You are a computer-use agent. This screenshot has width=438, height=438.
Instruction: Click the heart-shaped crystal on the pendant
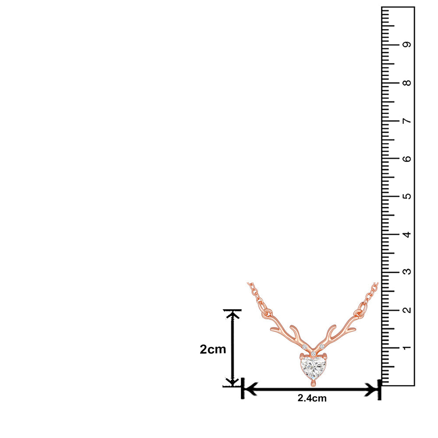tap(314, 368)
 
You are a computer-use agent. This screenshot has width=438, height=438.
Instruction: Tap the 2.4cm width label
tap(312, 398)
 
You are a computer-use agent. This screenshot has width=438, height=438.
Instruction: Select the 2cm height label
tap(213, 350)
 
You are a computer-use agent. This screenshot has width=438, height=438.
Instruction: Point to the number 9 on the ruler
tap(408, 45)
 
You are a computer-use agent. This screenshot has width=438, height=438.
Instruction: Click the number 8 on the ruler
tap(408, 83)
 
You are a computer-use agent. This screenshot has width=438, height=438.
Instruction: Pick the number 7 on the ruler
tap(408, 120)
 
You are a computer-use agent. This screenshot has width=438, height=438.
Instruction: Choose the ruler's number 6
tap(408, 159)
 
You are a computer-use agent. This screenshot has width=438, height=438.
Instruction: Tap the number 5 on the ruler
tap(408, 196)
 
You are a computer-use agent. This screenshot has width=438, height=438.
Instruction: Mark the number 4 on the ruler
tap(408, 234)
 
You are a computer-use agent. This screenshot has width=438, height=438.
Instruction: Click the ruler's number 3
tap(408, 272)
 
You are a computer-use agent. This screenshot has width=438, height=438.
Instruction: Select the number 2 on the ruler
tap(408, 310)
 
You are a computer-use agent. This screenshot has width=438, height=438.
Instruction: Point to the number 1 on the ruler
tap(408, 348)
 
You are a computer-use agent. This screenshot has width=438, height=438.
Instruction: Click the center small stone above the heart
tap(314, 353)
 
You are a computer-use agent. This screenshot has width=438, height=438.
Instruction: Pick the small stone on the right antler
tap(322, 347)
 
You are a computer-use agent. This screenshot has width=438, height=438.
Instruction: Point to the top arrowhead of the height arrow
tap(232, 314)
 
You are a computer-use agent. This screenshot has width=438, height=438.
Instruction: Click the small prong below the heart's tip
tap(313, 384)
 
